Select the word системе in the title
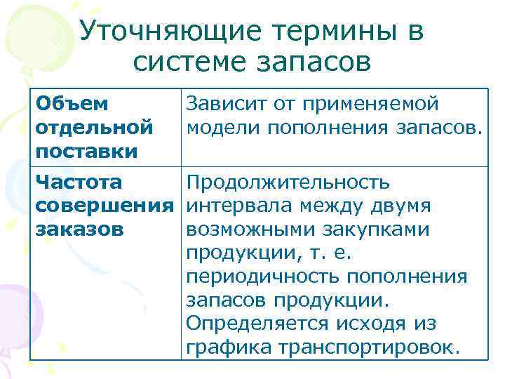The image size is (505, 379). (194, 64)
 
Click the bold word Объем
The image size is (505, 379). (72, 105)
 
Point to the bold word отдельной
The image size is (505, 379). (94, 128)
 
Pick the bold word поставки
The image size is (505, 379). (87, 151)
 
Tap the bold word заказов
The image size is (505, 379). (80, 229)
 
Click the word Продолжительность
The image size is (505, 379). (288, 183)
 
